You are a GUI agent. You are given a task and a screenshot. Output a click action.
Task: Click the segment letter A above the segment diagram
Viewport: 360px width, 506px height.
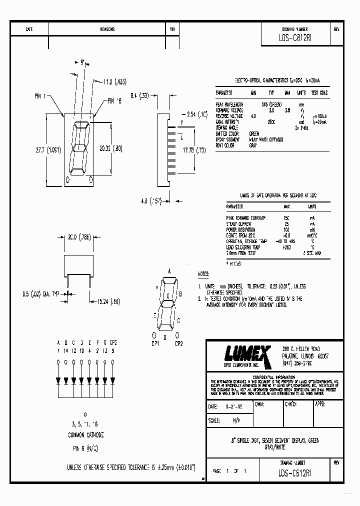coord(169,270)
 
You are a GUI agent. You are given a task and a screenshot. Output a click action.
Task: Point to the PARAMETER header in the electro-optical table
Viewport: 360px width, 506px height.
coord(224,93)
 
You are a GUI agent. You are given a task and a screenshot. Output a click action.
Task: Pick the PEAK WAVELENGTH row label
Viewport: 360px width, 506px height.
coord(229,104)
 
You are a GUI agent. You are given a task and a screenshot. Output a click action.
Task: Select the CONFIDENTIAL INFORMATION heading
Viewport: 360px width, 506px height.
coord(274,376)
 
